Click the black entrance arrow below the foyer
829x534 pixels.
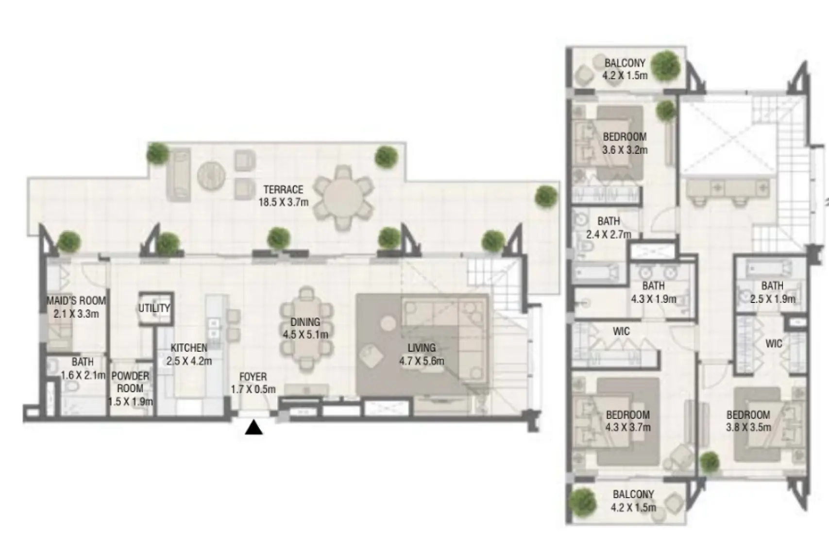click(254, 428)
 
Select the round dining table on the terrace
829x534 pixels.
click(343, 199)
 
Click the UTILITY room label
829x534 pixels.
click(154, 308)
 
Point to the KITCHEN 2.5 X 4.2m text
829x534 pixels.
click(189, 354)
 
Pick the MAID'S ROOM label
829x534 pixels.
click(76, 307)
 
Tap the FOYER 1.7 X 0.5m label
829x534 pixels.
click(253, 383)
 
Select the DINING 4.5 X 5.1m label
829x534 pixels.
click(305, 328)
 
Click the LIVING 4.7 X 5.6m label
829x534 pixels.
click(422, 354)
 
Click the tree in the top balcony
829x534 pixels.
click(665, 65)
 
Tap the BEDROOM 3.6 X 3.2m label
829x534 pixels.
click(625, 143)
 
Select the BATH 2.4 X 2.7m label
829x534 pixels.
click(609, 228)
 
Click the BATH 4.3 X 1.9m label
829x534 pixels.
click(653, 292)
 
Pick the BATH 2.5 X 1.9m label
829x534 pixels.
click(772, 292)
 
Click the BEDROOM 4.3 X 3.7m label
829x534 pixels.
click(628, 421)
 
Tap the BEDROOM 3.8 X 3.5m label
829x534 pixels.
click(748, 421)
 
